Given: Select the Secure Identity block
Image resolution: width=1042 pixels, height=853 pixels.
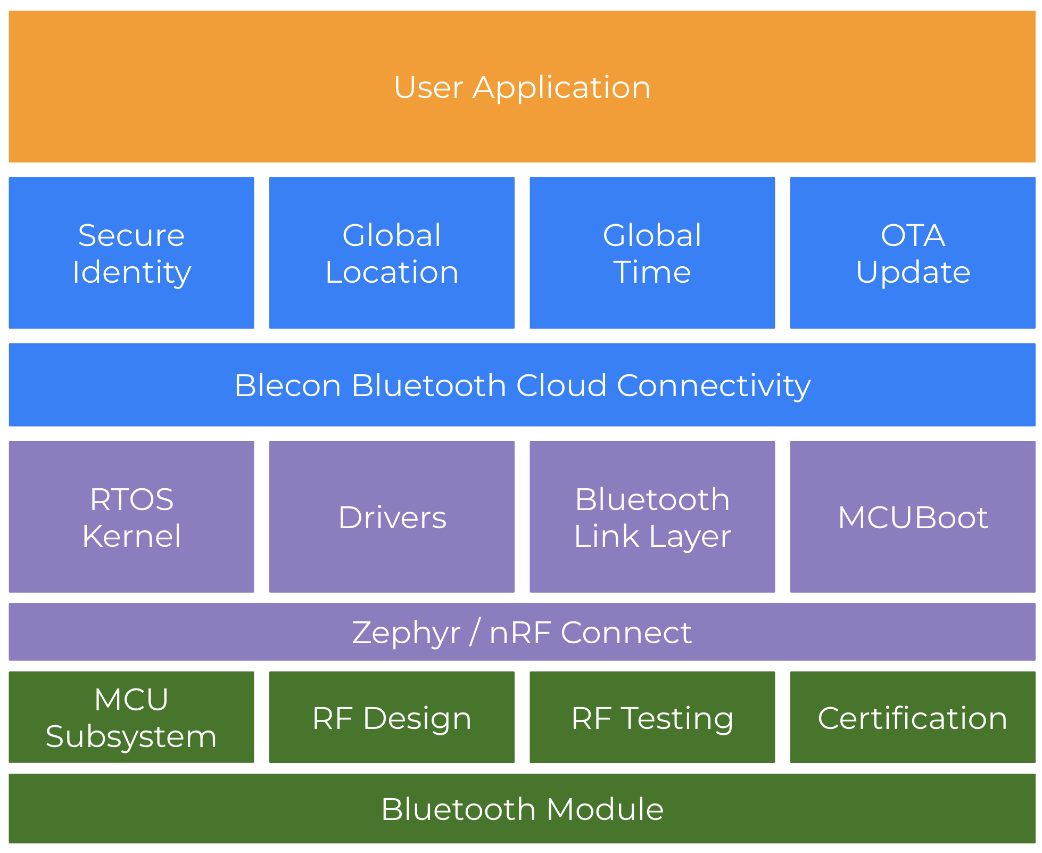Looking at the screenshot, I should coord(131,253).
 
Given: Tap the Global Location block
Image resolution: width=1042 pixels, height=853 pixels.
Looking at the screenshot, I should coord(392,253).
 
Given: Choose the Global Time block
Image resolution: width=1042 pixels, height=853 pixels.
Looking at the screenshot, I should coord(652,253).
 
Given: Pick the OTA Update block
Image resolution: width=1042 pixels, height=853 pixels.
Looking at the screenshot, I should coord(913,253).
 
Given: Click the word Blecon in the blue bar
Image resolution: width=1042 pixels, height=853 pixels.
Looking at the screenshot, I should coord(287,385).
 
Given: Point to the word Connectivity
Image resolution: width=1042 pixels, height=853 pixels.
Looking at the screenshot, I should coord(713,385).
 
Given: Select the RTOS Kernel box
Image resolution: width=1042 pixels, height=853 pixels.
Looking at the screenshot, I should coord(131,517).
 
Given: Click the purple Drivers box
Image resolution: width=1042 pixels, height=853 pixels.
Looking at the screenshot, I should coord(392,517).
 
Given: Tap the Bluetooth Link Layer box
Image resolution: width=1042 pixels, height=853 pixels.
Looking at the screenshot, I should coord(652,517).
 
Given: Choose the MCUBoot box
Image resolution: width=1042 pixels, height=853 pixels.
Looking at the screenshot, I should coord(913,517).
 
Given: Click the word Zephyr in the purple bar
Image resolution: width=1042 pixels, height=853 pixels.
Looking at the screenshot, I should coord(406,633).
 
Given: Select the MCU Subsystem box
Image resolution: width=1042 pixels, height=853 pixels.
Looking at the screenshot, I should coord(131,717).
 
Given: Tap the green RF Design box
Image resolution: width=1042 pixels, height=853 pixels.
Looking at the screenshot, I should coord(392,718).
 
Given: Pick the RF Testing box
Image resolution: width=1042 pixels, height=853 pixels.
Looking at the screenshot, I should coord(652,718).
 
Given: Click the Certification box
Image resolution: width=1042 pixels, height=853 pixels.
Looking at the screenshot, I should coord(913,718).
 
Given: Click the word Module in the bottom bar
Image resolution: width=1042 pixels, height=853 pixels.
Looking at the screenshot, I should coord(605,809).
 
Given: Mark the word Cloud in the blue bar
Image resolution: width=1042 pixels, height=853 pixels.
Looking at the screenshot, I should coord(561,385).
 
